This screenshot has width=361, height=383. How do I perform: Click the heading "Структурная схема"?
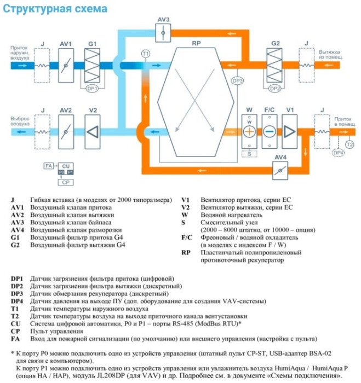55,9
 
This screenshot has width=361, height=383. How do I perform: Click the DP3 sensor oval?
237,81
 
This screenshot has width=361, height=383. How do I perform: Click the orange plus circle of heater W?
250,132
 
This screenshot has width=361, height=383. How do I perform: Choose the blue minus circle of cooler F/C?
269,132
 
